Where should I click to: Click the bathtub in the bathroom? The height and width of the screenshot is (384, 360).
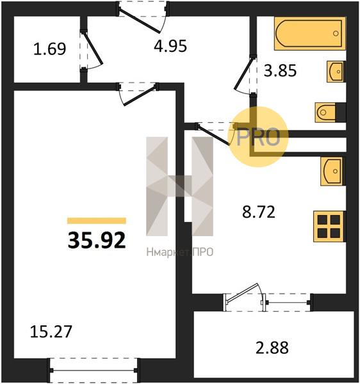point(310,33)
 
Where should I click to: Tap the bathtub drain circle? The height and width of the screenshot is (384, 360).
point(336,33)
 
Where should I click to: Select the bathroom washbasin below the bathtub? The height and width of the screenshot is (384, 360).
point(336,72)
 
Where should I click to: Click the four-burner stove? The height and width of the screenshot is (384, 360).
point(329,227)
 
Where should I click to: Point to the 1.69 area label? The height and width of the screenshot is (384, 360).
point(50,49)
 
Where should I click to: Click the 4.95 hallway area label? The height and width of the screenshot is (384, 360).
point(170,45)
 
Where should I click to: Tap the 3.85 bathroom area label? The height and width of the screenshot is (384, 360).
point(280,70)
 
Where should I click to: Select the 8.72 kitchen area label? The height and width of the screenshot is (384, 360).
point(259,212)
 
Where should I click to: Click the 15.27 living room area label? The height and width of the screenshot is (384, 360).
point(51,332)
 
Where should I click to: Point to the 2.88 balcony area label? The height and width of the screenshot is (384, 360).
point(272,348)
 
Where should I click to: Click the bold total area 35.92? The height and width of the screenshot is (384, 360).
point(97,240)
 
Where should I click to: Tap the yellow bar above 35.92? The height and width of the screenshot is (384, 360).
point(97,221)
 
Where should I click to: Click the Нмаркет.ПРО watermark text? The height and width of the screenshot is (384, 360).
point(179,252)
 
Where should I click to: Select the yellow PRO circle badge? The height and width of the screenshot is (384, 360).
point(258,137)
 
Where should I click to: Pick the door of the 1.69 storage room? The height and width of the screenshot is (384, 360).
point(93,47)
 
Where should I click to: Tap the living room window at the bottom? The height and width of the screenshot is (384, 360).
point(93,371)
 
